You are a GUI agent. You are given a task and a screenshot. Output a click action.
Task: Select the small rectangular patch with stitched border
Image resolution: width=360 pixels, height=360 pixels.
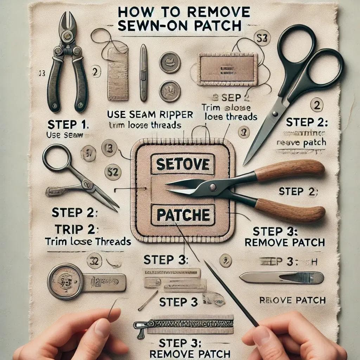coord(227,69)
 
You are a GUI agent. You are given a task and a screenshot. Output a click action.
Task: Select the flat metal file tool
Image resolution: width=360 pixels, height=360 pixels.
coord(281,278)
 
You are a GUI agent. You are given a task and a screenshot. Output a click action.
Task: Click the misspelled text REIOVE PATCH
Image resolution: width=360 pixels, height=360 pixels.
coord(292,300)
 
